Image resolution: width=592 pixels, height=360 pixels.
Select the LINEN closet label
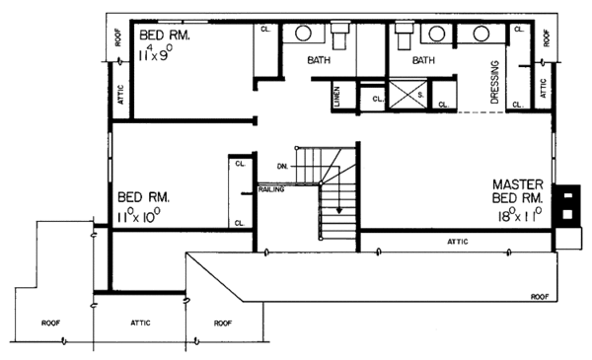pyautogui.click(x=336, y=97)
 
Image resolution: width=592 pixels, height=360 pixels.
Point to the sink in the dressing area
pyautogui.click(x=481, y=35)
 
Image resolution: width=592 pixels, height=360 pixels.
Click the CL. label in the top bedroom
pyautogui.click(x=265, y=30)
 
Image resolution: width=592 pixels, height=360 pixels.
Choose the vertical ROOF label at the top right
pyautogui.click(x=548, y=36)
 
